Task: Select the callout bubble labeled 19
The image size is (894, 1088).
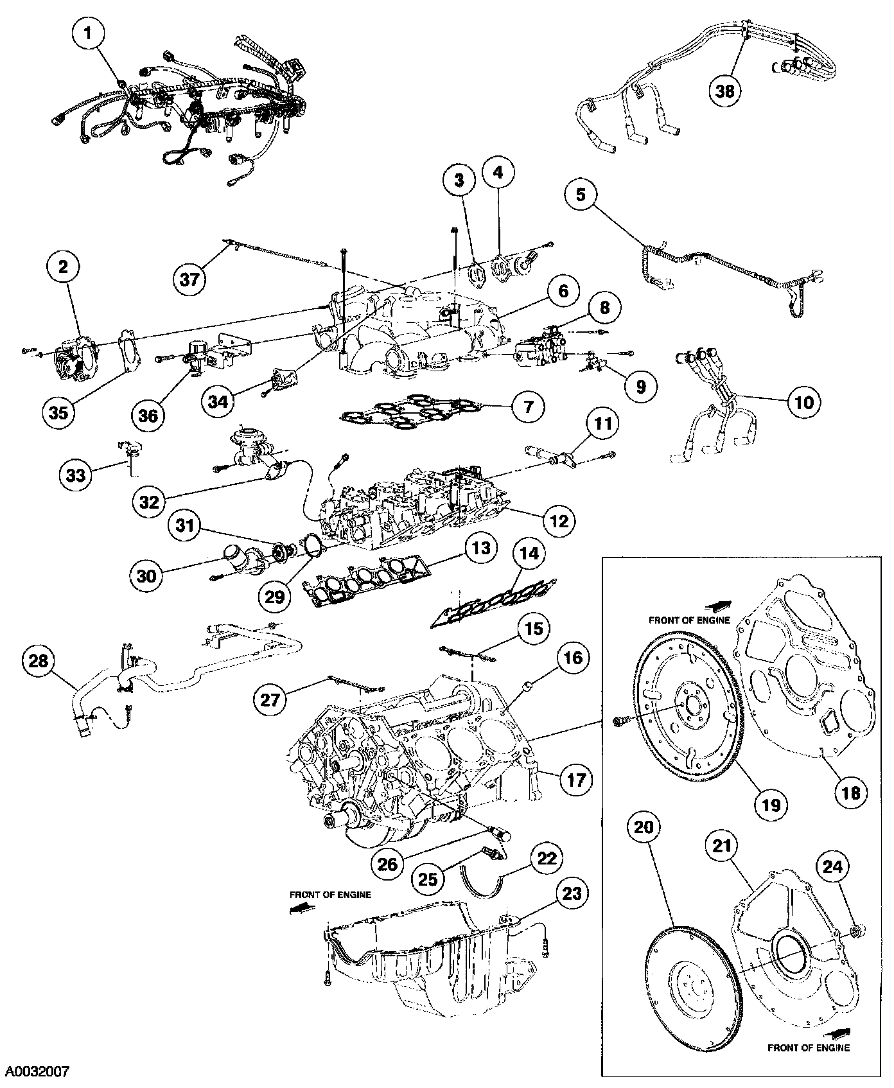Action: point(771,803)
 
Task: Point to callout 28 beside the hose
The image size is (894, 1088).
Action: point(40,661)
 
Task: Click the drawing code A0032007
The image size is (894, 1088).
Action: point(37,1071)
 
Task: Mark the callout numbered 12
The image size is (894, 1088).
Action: point(557,520)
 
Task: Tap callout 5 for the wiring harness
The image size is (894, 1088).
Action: point(581,194)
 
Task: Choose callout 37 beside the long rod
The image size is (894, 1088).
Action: point(191,279)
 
